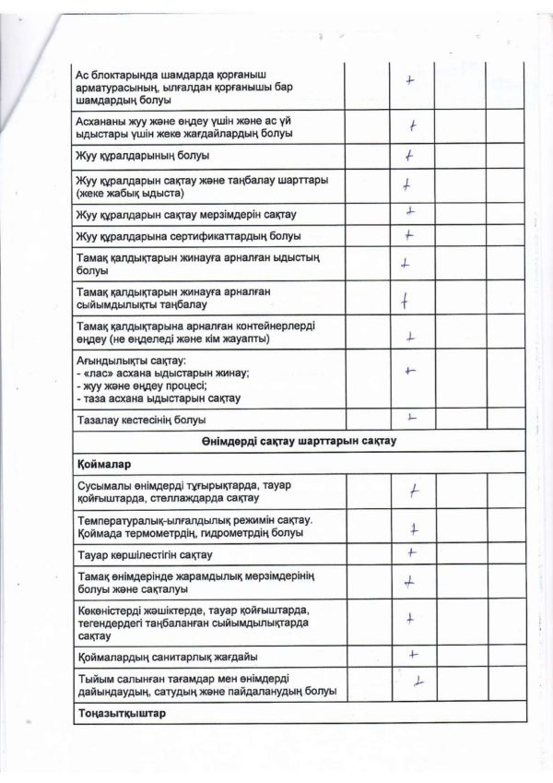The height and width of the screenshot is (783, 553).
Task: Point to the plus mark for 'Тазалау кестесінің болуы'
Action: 411,419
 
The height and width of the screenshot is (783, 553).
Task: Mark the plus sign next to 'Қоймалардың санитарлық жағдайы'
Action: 414,655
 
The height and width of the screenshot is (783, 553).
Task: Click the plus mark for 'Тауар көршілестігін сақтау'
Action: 412,552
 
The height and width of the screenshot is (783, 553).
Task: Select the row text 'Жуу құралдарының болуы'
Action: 142,155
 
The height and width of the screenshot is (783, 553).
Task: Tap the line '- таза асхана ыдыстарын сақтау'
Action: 158,398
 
